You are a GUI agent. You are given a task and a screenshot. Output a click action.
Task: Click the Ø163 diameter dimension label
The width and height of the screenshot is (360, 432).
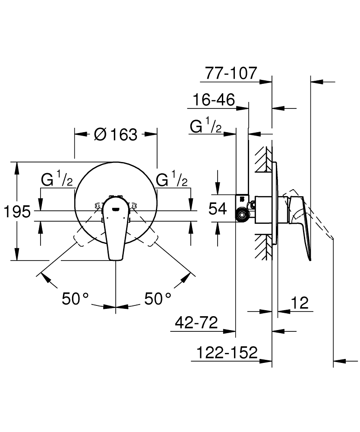point(115,135)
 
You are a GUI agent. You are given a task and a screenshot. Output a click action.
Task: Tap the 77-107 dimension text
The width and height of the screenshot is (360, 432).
point(231,73)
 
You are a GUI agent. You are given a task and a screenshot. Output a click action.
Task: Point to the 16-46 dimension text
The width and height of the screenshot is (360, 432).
point(214,101)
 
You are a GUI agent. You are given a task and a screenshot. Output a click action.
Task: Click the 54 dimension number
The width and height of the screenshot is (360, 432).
point(218,210)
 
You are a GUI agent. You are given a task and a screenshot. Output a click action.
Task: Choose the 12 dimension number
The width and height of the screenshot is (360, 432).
point(300,303)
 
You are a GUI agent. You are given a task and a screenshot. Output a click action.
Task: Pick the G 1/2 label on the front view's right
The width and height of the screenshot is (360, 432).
point(172,179)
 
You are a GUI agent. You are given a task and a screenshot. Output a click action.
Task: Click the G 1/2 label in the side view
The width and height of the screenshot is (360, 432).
point(206,127)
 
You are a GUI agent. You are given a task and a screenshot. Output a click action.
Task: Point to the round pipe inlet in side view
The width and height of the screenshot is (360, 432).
point(242,214)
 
